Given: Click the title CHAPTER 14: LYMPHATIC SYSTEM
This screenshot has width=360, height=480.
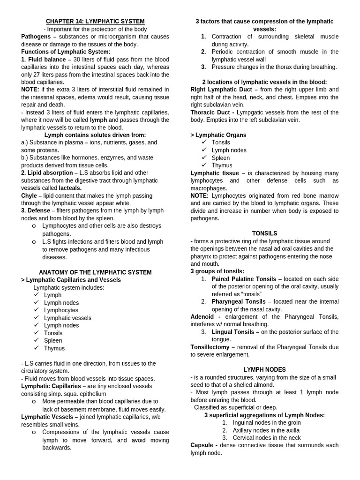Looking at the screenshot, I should point(95,22).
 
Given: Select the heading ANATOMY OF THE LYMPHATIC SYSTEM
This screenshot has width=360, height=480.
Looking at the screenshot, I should point(95,272).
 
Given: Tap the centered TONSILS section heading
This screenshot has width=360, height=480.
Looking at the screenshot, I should point(264,233).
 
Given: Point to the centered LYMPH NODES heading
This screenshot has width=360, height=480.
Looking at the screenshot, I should point(264,370).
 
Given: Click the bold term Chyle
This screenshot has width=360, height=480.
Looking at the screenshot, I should point(29,195).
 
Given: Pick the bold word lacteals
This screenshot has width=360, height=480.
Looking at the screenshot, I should point(70,188).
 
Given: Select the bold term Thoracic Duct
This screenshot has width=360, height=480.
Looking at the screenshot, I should point(210,112).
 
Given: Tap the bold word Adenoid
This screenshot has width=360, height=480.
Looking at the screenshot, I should point(202,317).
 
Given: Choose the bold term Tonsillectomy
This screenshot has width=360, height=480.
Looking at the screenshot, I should point(210,347).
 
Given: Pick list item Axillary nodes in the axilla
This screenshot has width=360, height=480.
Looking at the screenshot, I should point(265,430).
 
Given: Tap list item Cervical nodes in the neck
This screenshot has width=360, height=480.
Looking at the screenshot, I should point(267,438).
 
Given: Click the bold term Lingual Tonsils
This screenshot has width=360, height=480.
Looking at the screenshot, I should point(233,332).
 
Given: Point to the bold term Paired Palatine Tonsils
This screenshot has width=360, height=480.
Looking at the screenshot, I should point(244,279).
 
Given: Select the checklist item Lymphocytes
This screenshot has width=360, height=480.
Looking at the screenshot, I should point(61,310).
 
